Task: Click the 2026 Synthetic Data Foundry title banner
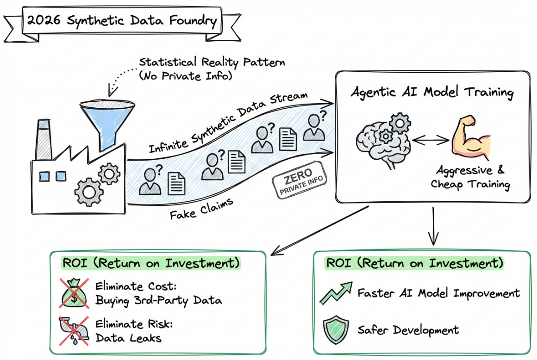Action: [x=122, y=21]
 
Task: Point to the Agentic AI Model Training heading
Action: [x=432, y=92]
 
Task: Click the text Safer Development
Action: [x=408, y=330]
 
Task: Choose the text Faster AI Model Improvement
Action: [x=438, y=292]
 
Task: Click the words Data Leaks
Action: [x=128, y=338]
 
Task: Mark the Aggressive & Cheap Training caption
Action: [x=470, y=177]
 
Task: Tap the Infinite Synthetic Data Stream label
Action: [x=227, y=123]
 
